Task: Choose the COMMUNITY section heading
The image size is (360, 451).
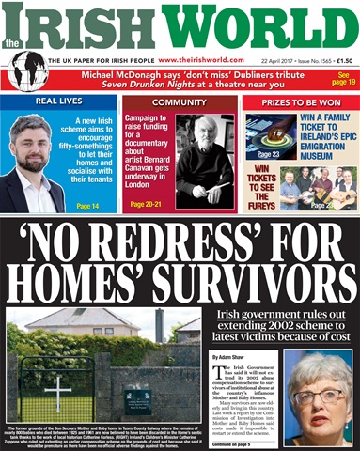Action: click(179, 101)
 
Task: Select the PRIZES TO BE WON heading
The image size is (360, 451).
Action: click(299, 101)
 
